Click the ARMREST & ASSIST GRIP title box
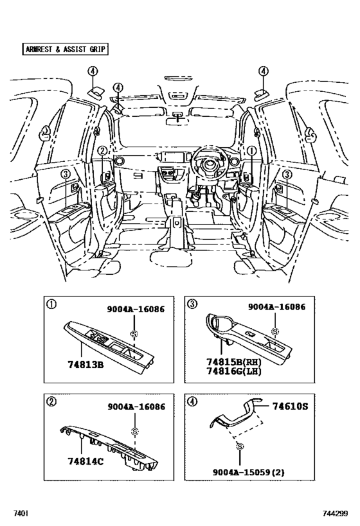click(x=64, y=49)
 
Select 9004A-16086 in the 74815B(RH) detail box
click(x=278, y=309)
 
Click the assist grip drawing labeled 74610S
click(x=238, y=417)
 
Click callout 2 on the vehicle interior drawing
click(x=102, y=151)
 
